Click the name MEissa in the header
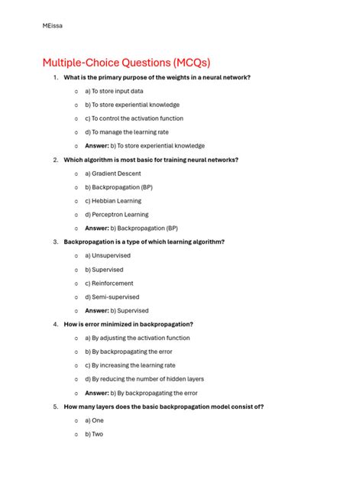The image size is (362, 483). click(x=53, y=26)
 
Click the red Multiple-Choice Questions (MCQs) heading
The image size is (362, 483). click(x=126, y=62)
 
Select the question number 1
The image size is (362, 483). click(x=56, y=78)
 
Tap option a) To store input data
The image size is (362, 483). click(x=114, y=92)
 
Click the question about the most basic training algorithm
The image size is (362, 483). click(x=151, y=160)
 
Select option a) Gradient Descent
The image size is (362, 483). click(x=113, y=173)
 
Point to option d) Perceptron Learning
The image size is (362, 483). click(x=117, y=215)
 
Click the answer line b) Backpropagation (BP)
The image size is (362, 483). click(x=131, y=228)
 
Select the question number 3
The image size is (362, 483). click(x=56, y=241)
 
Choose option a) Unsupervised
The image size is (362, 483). click(x=108, y=256)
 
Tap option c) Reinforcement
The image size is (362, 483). click(x=109, y=284)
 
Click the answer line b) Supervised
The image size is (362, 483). click(x=116, y=310)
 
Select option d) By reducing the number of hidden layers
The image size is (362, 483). click(x=144, y=379)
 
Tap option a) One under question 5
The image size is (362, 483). click(x=94, y=420)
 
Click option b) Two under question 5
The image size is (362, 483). click(x=94, y=434)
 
